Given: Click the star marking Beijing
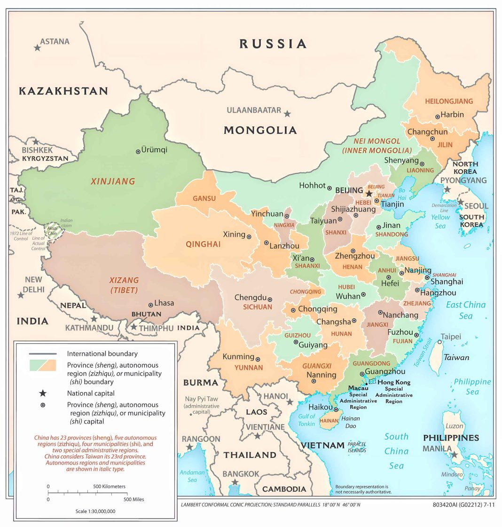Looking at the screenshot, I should pos(369,193).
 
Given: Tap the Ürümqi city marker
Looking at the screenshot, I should pos(138,151).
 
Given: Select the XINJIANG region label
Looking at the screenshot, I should pos(113,181).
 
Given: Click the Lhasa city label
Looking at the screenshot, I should pos(164,303).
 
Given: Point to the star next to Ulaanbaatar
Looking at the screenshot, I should pos(287,113).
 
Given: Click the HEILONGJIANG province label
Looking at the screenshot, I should pos(449,101).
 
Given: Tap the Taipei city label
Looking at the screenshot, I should pos(451,337).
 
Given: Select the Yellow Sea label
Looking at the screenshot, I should pos(440,221).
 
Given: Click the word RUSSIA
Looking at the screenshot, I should pos(273,44).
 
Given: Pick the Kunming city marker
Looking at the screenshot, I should pos(258,359).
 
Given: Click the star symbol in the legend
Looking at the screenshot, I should pos(43,393).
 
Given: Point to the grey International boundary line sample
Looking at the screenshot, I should pos(43,354).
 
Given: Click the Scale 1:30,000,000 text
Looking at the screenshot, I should pos(95,511).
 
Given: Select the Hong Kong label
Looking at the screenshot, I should pos(394,382).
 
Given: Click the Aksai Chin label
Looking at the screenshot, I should pos(52,230).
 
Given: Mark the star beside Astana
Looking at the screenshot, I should pos(37,47).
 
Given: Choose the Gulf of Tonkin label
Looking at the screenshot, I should pos(307,420).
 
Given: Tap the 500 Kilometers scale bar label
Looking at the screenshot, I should pos(109,486).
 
